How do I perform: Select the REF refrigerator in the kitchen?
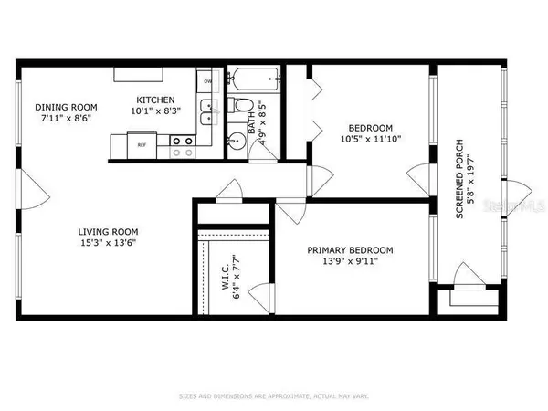pyautogui.click(x=142, y=145)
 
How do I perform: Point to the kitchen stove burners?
pyautogui.click(x=180, y=142)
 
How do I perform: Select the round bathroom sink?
pyautogui.click(x=233, y=139)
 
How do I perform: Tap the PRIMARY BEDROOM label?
pyautogui.click(x=350, y=250)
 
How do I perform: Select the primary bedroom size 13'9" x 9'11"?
pyautogui.click(x=350, y=261)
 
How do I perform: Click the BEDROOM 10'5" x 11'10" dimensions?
pyautogui.click(x=369, y=139)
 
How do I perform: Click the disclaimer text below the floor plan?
pyautogui.click(x=273, y=395)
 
